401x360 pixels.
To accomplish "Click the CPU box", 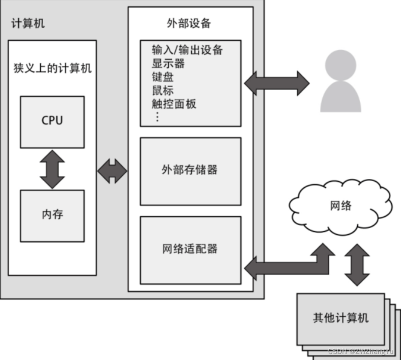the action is click(52, 122).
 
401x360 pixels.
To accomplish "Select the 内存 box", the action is click(52, 216).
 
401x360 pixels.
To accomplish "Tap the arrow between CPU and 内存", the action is click(52, 169).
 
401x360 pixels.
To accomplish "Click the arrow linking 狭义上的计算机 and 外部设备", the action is click(112, 171).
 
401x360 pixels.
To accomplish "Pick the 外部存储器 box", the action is click(190, 171).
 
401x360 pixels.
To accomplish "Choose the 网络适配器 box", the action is click(190, 250).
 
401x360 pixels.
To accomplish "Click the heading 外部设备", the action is click(188, 23).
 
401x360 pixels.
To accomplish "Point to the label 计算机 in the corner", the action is click(28, 23).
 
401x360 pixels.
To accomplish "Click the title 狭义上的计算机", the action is click(52, 68).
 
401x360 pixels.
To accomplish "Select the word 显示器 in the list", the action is click(168, 63).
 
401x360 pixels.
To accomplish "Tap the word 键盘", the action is click(162, 77).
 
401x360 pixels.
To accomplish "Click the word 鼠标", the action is click(162, 90).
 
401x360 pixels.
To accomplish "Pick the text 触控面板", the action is click(174, 104).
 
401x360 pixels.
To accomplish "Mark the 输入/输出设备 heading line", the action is click(187, 50).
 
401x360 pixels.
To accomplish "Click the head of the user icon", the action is click(340, 65).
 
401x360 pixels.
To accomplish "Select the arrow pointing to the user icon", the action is click(276, 83).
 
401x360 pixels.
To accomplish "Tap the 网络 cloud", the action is click(340, 207).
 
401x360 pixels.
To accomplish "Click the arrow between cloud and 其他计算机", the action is click(357, 264).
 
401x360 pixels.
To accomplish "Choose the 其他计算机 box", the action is click(340, 319).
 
